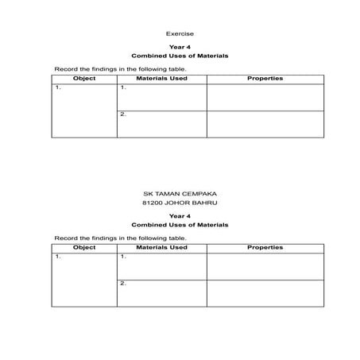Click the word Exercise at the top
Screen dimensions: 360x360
180,33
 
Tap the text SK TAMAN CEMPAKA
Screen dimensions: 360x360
180,193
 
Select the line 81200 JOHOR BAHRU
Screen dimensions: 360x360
180,203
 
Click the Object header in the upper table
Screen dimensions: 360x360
84,79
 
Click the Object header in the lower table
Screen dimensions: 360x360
84,247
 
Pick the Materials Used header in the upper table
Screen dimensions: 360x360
162,79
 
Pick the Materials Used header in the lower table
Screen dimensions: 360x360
162,247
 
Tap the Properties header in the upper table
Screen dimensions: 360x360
265,79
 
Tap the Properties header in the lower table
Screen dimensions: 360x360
265,247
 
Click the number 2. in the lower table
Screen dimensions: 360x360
123,284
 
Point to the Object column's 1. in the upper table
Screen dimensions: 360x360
58,88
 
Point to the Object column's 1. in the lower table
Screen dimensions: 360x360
58,257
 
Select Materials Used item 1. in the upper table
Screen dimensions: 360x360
123,88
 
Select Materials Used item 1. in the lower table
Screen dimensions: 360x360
123,257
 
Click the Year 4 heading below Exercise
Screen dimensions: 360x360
180,48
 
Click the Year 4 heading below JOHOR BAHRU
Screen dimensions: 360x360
180,216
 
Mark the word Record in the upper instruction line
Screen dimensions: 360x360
64,69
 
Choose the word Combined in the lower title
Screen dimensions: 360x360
148,225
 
